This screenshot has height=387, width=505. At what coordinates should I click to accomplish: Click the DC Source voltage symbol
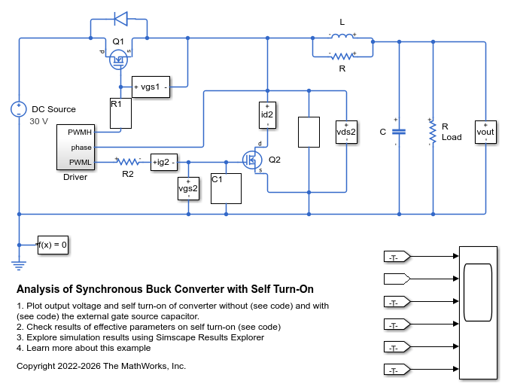point(19,109)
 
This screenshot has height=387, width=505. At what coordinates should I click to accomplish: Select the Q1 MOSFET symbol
point(118,59)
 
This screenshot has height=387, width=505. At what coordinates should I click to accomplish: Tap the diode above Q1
point(121,19)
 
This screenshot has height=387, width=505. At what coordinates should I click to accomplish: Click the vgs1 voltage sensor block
point(151,87)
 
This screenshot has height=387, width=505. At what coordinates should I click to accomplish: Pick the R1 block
point(120,114)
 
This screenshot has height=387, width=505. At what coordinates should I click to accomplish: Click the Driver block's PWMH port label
point(80,133)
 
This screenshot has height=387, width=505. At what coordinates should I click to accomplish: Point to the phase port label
point(81,148)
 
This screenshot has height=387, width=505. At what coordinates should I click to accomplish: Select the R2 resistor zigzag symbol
point(128,162)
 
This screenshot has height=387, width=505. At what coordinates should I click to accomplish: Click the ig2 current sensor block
point(164,162)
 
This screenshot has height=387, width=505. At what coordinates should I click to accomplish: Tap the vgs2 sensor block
point(188,188)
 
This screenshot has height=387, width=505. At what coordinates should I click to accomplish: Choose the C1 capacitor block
point(226,188)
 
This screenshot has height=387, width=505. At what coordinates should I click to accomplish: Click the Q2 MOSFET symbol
point(252,160)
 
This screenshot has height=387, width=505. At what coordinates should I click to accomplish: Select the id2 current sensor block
point(267,115)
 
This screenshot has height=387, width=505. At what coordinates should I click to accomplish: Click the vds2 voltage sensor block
point(346,132)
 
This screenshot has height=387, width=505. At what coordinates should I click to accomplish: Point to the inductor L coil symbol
point(342,36)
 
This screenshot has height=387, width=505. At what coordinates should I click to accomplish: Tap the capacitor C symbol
point(399,132)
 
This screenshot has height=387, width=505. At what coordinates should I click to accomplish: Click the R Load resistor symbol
point(433,132)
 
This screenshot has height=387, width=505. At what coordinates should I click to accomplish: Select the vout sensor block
point(485,132)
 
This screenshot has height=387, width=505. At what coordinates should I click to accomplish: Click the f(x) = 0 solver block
point(53,245)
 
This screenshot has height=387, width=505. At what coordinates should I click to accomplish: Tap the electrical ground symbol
point(19,265)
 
